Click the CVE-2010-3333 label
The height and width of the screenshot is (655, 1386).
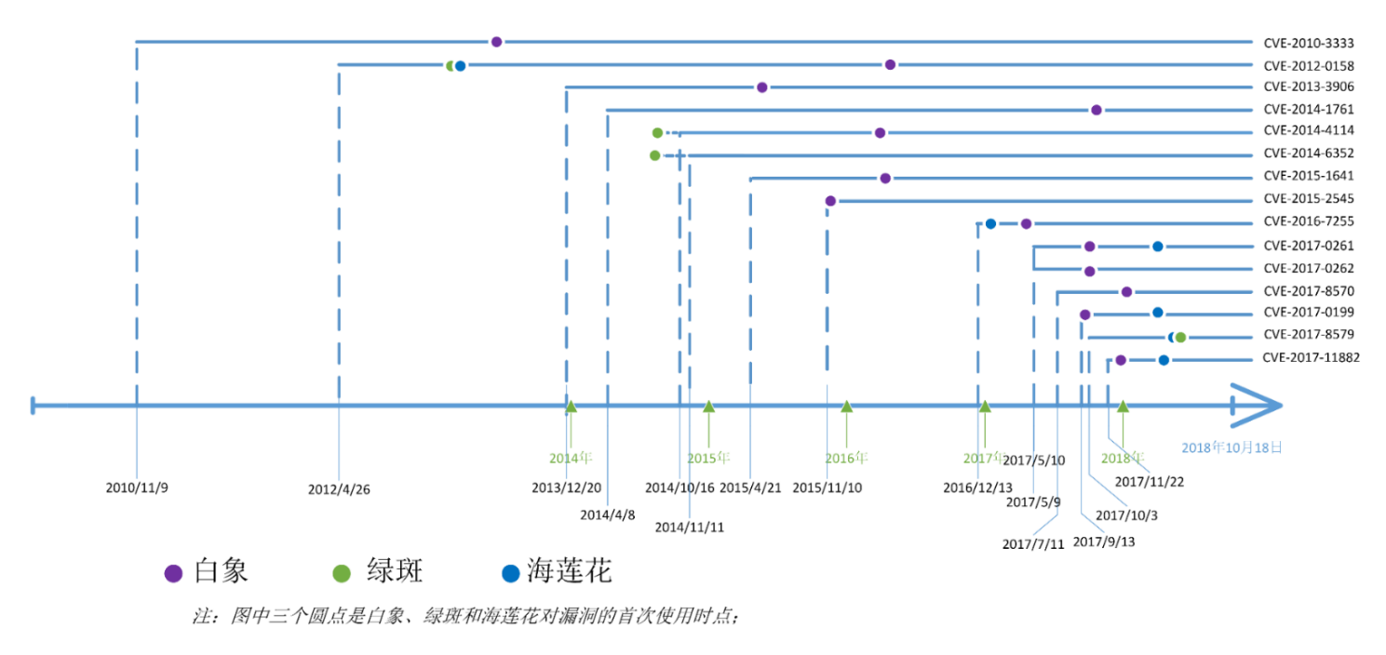pyautogui.click(x=1308, y=44)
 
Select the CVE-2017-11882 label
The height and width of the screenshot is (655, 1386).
pyautogui.click(x=1311, y=357)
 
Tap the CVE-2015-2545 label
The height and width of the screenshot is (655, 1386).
pyautogui.click(x=1308, y=198)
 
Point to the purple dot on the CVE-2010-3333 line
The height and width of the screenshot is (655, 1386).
pyautogui.click(x=496, y=42)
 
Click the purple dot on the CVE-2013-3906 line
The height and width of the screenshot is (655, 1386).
pyautogui.click(x=762, y=87)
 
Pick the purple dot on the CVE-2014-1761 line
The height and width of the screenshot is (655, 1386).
pyautogui.click(x=1097, y=110)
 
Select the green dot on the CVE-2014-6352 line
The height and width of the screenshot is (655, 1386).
pyautogui.click(x=655, y=156)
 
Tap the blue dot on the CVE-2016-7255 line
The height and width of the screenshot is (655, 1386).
pyautogui.click(x=990, y=224)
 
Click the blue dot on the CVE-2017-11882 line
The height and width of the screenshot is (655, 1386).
pyautogui.click(x=1164, y=360)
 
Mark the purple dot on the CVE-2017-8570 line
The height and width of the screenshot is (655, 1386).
pyautogui.click(x=1126, y=292)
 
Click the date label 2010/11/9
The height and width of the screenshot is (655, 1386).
pyautogui.click(x=137, y=488)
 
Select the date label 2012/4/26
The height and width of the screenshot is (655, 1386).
pyautogui.click(x=339, y=490)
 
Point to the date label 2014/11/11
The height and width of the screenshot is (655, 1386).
pyautogui.click(x=690, y=528)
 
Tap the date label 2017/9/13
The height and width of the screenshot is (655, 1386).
pyautogui.click(x=1104, y=541)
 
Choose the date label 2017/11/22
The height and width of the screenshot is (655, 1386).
pyautogui.click(x=1149, y=482)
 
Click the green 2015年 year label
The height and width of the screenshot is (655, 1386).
pyautogui.click(x=708, y=459)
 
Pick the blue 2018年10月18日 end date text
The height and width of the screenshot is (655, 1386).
pyautogui.click(x=1231, y=448)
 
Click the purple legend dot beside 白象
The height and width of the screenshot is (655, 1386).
pyautogui.click(x=173, y=573)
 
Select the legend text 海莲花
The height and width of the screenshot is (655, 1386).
pyautogui.click(x=570, y=570)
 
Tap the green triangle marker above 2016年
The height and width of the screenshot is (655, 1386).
pyautogui.click(x=847, y=407)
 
